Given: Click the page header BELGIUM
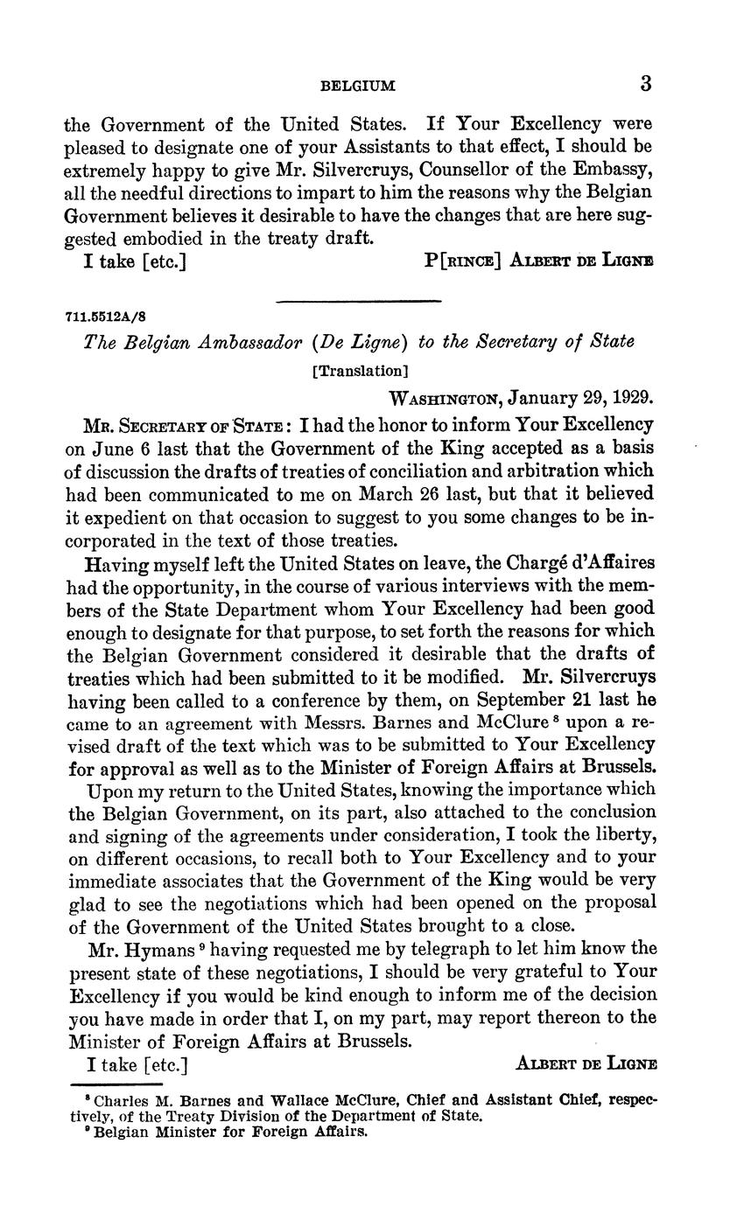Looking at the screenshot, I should point(358,86).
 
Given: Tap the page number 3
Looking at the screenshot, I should point(646,84).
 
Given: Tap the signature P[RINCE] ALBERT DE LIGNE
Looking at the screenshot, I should point(538,261).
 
